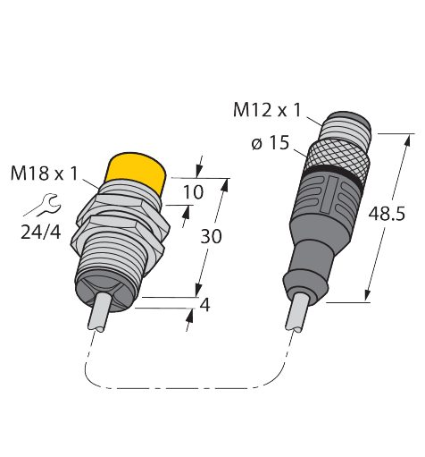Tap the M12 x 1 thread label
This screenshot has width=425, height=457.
pyautogui.click(x=267, y=111)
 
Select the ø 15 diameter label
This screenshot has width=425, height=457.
pyautogui.click(x=271, y=142)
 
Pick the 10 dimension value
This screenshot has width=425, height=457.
pyautogui.click(x=193, y=191)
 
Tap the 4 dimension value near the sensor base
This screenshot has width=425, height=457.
pyautogui.click(x=204, y=304)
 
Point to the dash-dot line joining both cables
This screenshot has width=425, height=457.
pyautogui.click(x=179, y=387)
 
